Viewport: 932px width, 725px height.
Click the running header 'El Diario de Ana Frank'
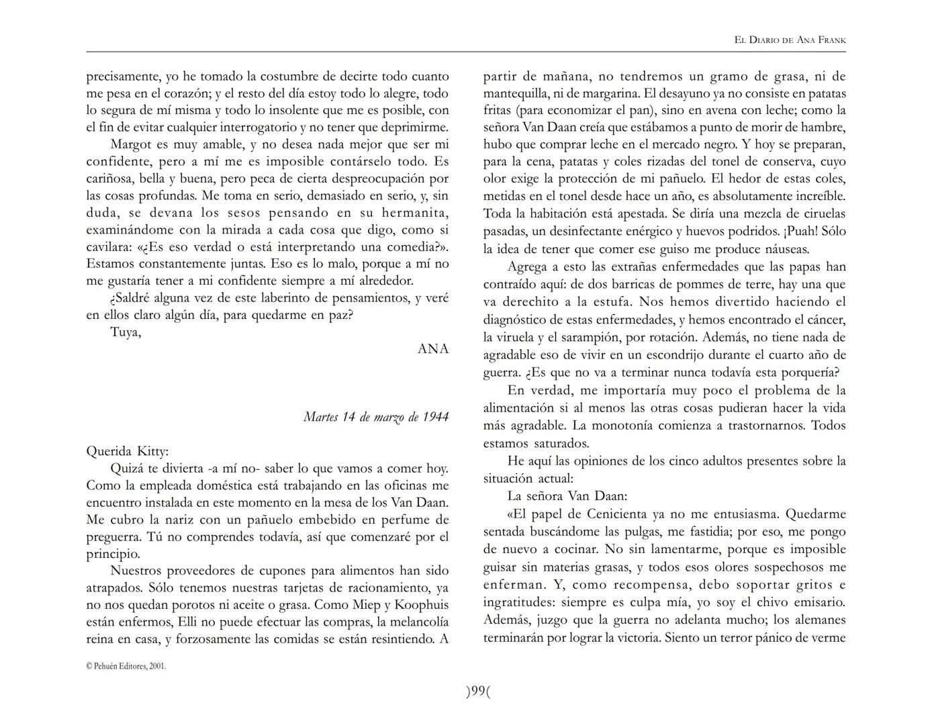(790, 40)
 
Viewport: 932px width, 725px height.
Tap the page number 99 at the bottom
(478, 691)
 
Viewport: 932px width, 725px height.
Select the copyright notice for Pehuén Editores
(126, 666)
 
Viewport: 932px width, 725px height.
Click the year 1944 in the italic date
(435, 417)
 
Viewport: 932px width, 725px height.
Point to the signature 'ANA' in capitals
(433, 348)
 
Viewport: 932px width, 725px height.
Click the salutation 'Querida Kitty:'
(127, 451)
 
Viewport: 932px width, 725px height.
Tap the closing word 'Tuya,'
(126, 332)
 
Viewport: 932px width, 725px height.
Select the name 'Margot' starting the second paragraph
(130, 144)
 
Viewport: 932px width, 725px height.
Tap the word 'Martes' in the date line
(320, 417)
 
